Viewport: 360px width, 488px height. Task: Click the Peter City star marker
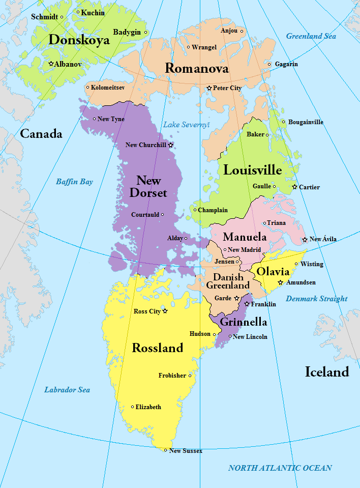209,88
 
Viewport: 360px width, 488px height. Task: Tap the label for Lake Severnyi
186,125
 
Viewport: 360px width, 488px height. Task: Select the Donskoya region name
79,40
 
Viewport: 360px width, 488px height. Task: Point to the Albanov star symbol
51,64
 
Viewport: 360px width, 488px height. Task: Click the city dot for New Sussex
165,450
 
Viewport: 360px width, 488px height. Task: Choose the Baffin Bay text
74,181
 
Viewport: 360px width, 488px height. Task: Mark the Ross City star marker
165,311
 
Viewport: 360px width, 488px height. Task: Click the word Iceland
327,372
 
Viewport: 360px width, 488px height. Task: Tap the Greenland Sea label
311,36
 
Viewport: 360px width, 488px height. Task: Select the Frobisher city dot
190,376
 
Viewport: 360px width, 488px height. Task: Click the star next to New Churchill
171,145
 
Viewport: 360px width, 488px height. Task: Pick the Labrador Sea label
67,390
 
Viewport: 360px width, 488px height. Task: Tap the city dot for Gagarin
269,64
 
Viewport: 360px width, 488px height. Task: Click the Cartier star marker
294,187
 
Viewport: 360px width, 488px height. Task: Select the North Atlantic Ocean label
280,468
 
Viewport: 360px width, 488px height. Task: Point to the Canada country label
41,134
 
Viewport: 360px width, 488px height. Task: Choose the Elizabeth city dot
133,407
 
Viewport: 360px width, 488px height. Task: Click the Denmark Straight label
316,299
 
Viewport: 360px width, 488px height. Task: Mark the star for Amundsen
280,282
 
